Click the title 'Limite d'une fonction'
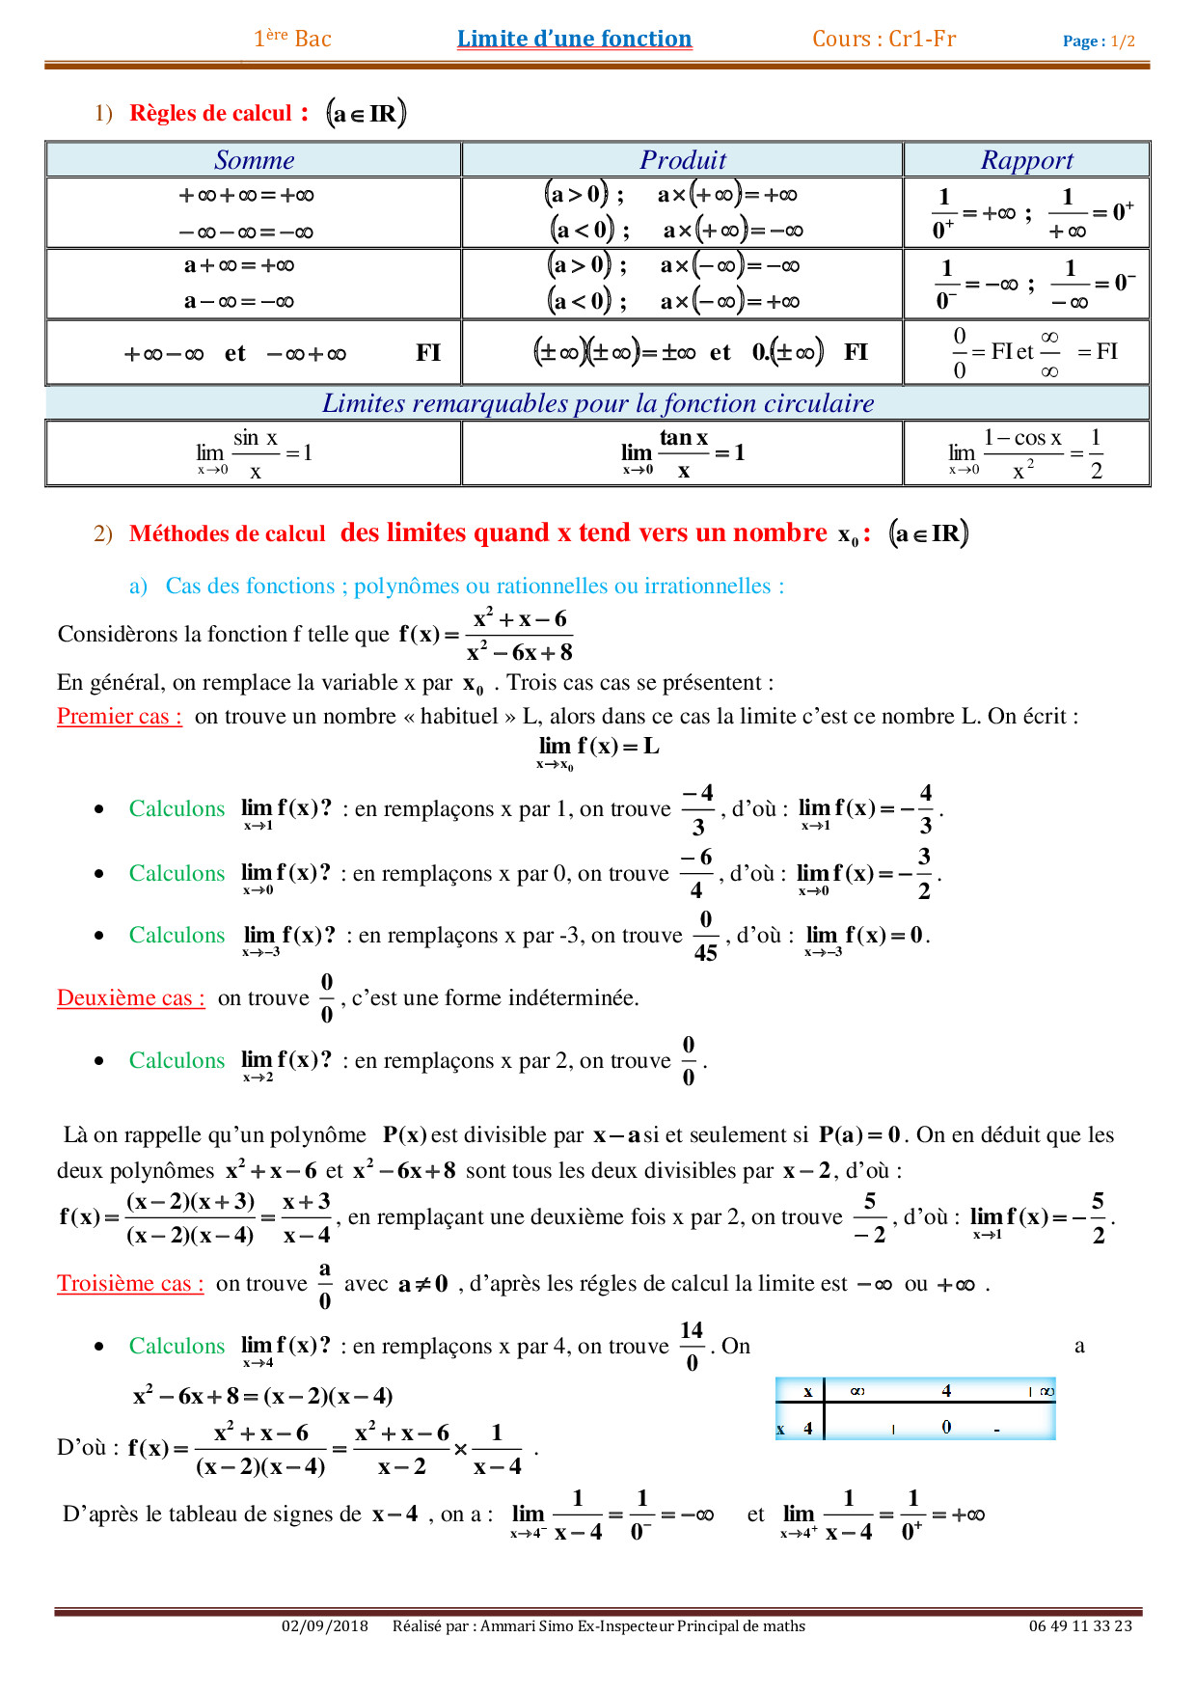(574, 39)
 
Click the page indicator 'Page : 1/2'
(1098, 41)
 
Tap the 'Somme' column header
(254, 160)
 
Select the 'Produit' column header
(682, 160)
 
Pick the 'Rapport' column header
(1026, 160)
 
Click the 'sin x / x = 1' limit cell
(254, 453)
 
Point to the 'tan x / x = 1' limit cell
(682, 453)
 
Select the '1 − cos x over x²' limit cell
(1026, 453)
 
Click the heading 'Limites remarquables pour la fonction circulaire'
(598, 403)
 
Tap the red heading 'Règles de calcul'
(210, 113)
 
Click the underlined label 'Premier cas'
(119, 717)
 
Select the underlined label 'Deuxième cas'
(130, 998)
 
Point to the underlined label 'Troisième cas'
(130, 1284)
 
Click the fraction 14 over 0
(692, 1346)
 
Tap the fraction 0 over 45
(705, 936)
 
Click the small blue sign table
(914, 1408)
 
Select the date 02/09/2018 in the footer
(324, 1626)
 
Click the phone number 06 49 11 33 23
(1079, 1626)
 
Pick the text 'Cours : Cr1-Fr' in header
(883, 39)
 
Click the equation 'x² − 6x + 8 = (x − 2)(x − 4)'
(262, 1396)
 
